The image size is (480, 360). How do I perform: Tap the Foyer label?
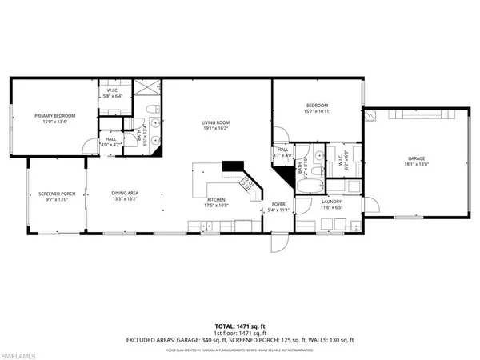[278, 205]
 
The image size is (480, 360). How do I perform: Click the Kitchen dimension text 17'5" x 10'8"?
[217, 205]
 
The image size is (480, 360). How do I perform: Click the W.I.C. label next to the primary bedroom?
[112, 90]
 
